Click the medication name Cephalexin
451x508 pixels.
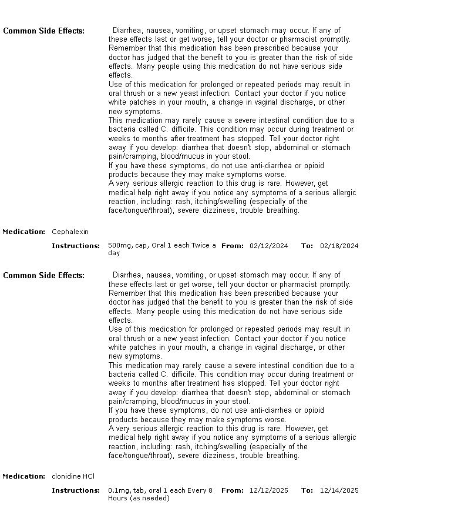tap(70, 232)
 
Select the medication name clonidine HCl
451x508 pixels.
tap(73, 476)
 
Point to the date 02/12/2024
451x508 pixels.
tap(268, 246)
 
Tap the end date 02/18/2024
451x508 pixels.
tap(339, 246)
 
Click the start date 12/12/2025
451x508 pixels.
tap(268, 490)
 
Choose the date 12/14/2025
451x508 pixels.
tap(339, 490)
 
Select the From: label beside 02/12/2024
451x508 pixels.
tap(232, 246)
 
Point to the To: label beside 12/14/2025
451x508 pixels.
tap(307, 490)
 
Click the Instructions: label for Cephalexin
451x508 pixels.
tap(76, 246)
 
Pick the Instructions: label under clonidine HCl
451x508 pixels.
tap(76, 490)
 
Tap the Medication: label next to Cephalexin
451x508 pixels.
tap(24, 232)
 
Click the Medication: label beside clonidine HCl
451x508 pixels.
tap(24, 476)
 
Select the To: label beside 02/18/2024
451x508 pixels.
tap(307, 246)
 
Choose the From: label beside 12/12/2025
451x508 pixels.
tap(232, 490)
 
